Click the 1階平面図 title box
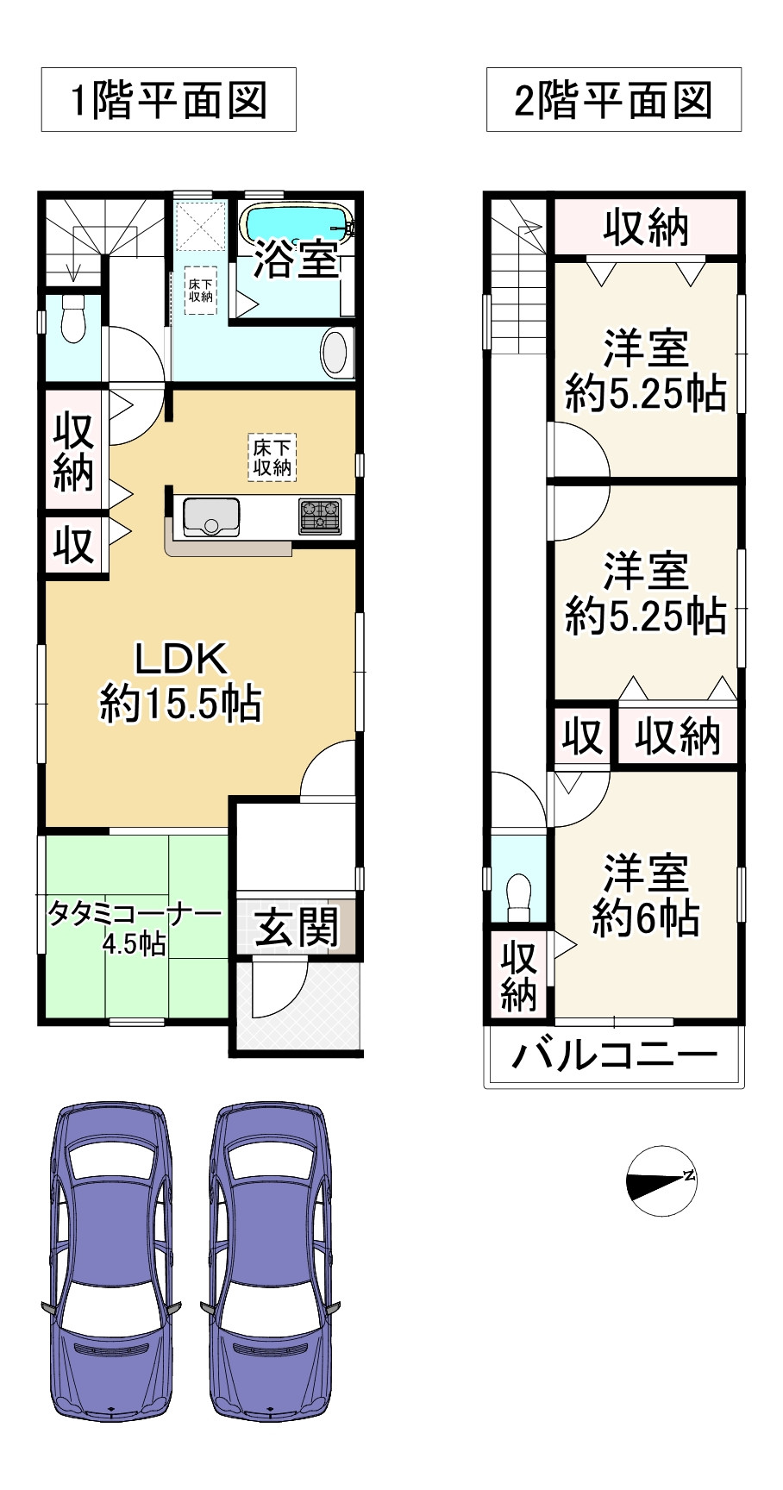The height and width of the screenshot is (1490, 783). (x=169, y=100)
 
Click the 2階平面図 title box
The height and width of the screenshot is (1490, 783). (x=613, y=100)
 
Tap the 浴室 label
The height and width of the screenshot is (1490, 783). (x=295, y=258)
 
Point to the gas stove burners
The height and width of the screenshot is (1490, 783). (x=320, y=516)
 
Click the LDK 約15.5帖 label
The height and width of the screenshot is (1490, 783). (x=181, y=681)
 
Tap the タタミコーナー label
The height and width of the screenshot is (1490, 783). (x=135, y=926)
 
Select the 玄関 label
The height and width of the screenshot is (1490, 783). (x=297, y=929)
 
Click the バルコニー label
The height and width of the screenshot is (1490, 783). (x=614, y=1055)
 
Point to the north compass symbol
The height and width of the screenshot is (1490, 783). (x=661, y=1180)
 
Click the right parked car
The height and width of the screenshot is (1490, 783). (x=270, y=1259)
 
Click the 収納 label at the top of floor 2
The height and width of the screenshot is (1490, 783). (x=646, y=228)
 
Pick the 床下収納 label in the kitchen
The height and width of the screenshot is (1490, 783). (x=272, y=457)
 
